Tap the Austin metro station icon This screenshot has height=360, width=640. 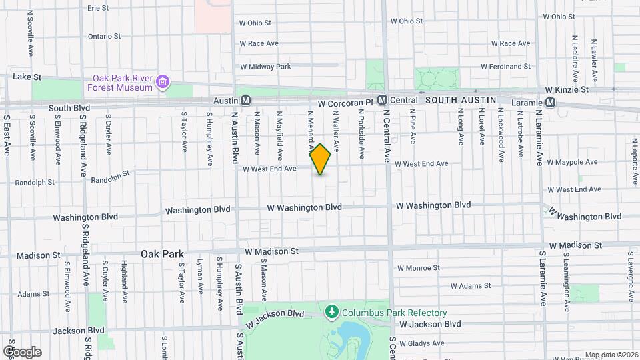pos(245,101)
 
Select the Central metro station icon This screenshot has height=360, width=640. pos(382,100)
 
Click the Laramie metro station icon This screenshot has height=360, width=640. pos(550,102)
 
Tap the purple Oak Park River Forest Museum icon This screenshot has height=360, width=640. pos(162,83)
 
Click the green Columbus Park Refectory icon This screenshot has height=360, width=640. pos(331,311)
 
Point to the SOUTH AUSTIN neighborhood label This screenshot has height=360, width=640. pos(461,100)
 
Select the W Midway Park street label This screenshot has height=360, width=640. pos(265,67)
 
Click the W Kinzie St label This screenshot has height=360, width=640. pos(567,89)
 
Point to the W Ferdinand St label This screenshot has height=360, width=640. pos(505,67)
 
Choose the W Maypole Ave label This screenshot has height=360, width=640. pos(572,162)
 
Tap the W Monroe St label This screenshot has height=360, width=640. pos(419,268)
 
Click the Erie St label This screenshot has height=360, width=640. pos(98,8)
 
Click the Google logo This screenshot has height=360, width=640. pos(22,351)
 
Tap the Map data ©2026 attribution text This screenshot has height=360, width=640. pos(611,355)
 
